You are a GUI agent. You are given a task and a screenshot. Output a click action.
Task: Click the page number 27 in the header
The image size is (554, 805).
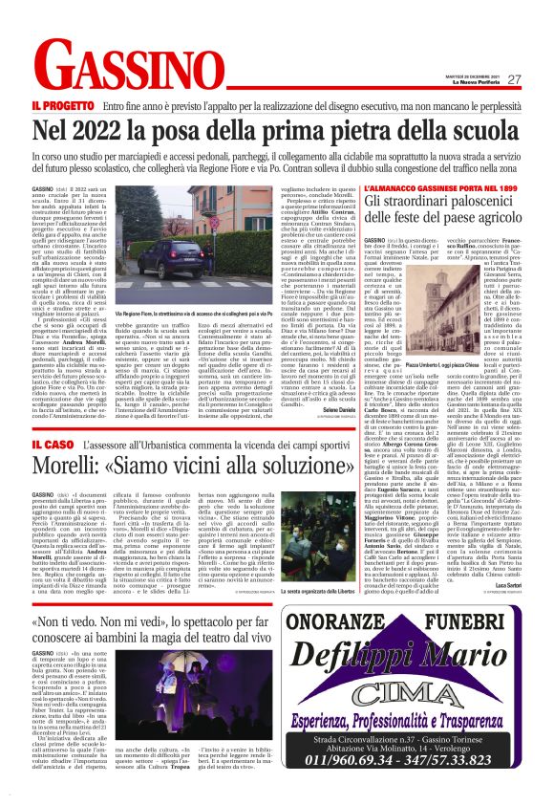click(x=513, y=80)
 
